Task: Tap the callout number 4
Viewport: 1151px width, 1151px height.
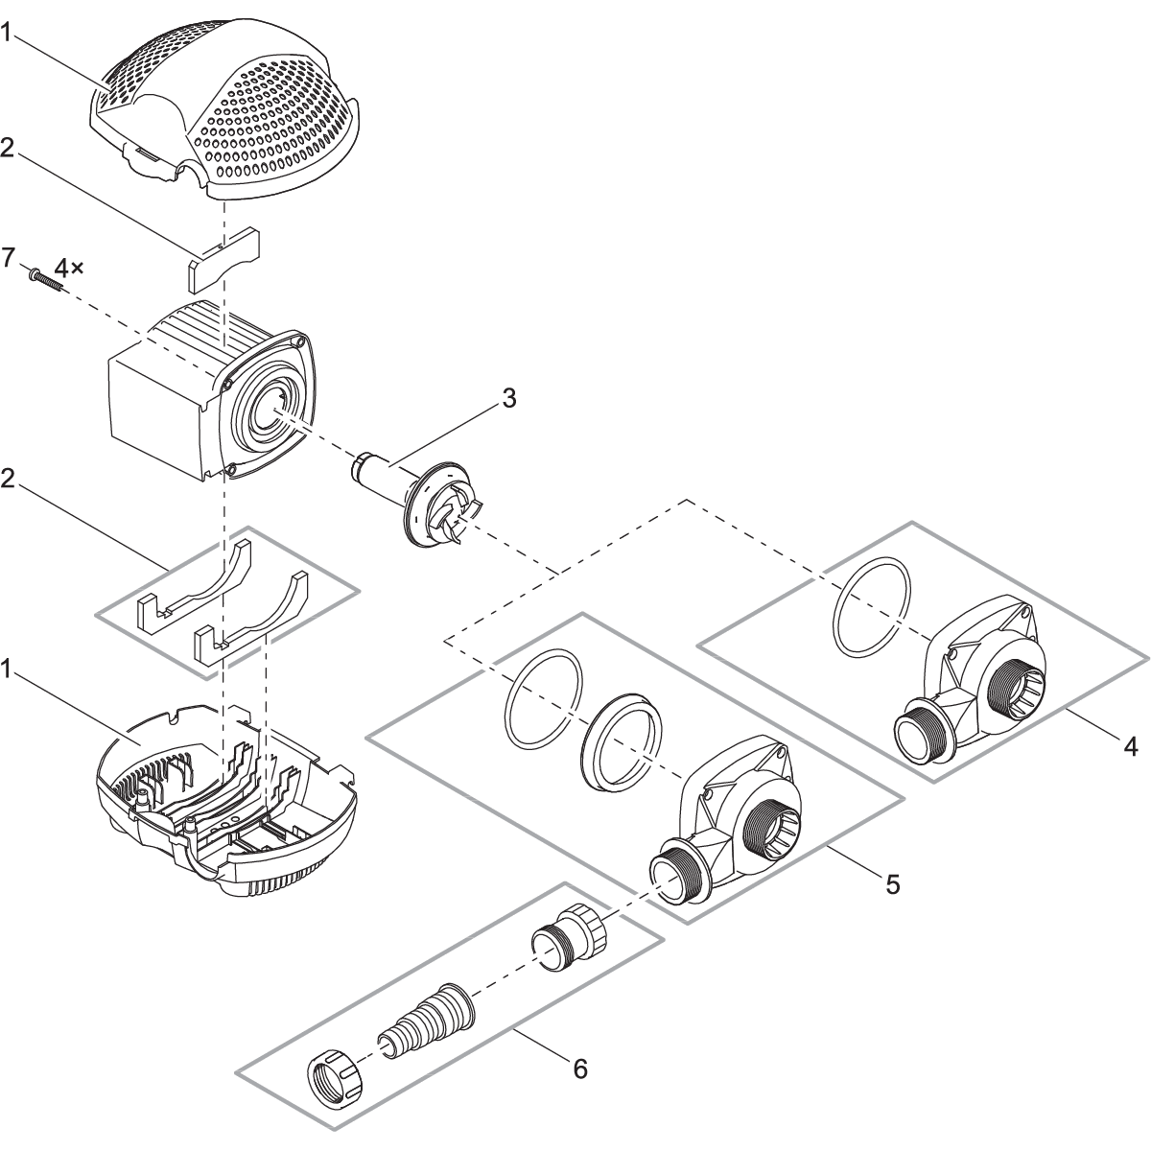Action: pyautogui.click(x=1132, y=744)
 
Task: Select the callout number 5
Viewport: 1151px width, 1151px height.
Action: pyautogui.click(x=892, y=883)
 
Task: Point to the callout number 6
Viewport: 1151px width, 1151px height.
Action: pyautogui.click(x=580, y=1068)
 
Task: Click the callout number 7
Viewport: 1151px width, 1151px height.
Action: pyautogui.click(x=9, y=258)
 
